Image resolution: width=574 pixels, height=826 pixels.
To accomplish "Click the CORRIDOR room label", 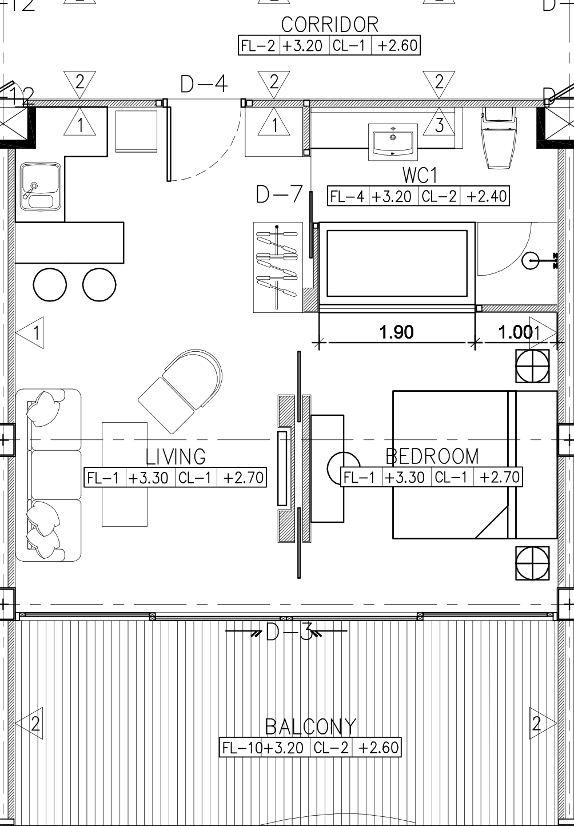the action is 329,25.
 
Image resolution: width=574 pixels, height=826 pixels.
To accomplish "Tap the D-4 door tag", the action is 204,84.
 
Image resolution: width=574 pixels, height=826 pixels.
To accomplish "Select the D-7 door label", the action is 280,194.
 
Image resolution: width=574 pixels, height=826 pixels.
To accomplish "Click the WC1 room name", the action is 420,175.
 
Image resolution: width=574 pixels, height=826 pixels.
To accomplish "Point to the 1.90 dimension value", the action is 396,332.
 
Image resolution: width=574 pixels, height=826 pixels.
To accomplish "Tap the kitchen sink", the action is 40,186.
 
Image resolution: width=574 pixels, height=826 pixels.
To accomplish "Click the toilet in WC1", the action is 499,138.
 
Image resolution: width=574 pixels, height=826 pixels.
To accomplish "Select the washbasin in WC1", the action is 393,142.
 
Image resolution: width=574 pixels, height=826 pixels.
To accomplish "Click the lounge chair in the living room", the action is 180,391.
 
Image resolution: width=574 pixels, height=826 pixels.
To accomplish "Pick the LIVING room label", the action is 176,457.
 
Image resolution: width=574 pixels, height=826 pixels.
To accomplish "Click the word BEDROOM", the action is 432,456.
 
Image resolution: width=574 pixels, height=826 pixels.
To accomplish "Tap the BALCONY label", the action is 310,727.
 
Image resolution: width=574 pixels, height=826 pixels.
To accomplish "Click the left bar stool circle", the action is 50,285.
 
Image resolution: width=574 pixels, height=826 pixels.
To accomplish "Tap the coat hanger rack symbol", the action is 278,267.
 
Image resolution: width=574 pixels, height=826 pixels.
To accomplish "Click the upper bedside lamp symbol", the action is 532,366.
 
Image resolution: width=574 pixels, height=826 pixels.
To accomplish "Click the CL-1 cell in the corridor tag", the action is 349,46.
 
